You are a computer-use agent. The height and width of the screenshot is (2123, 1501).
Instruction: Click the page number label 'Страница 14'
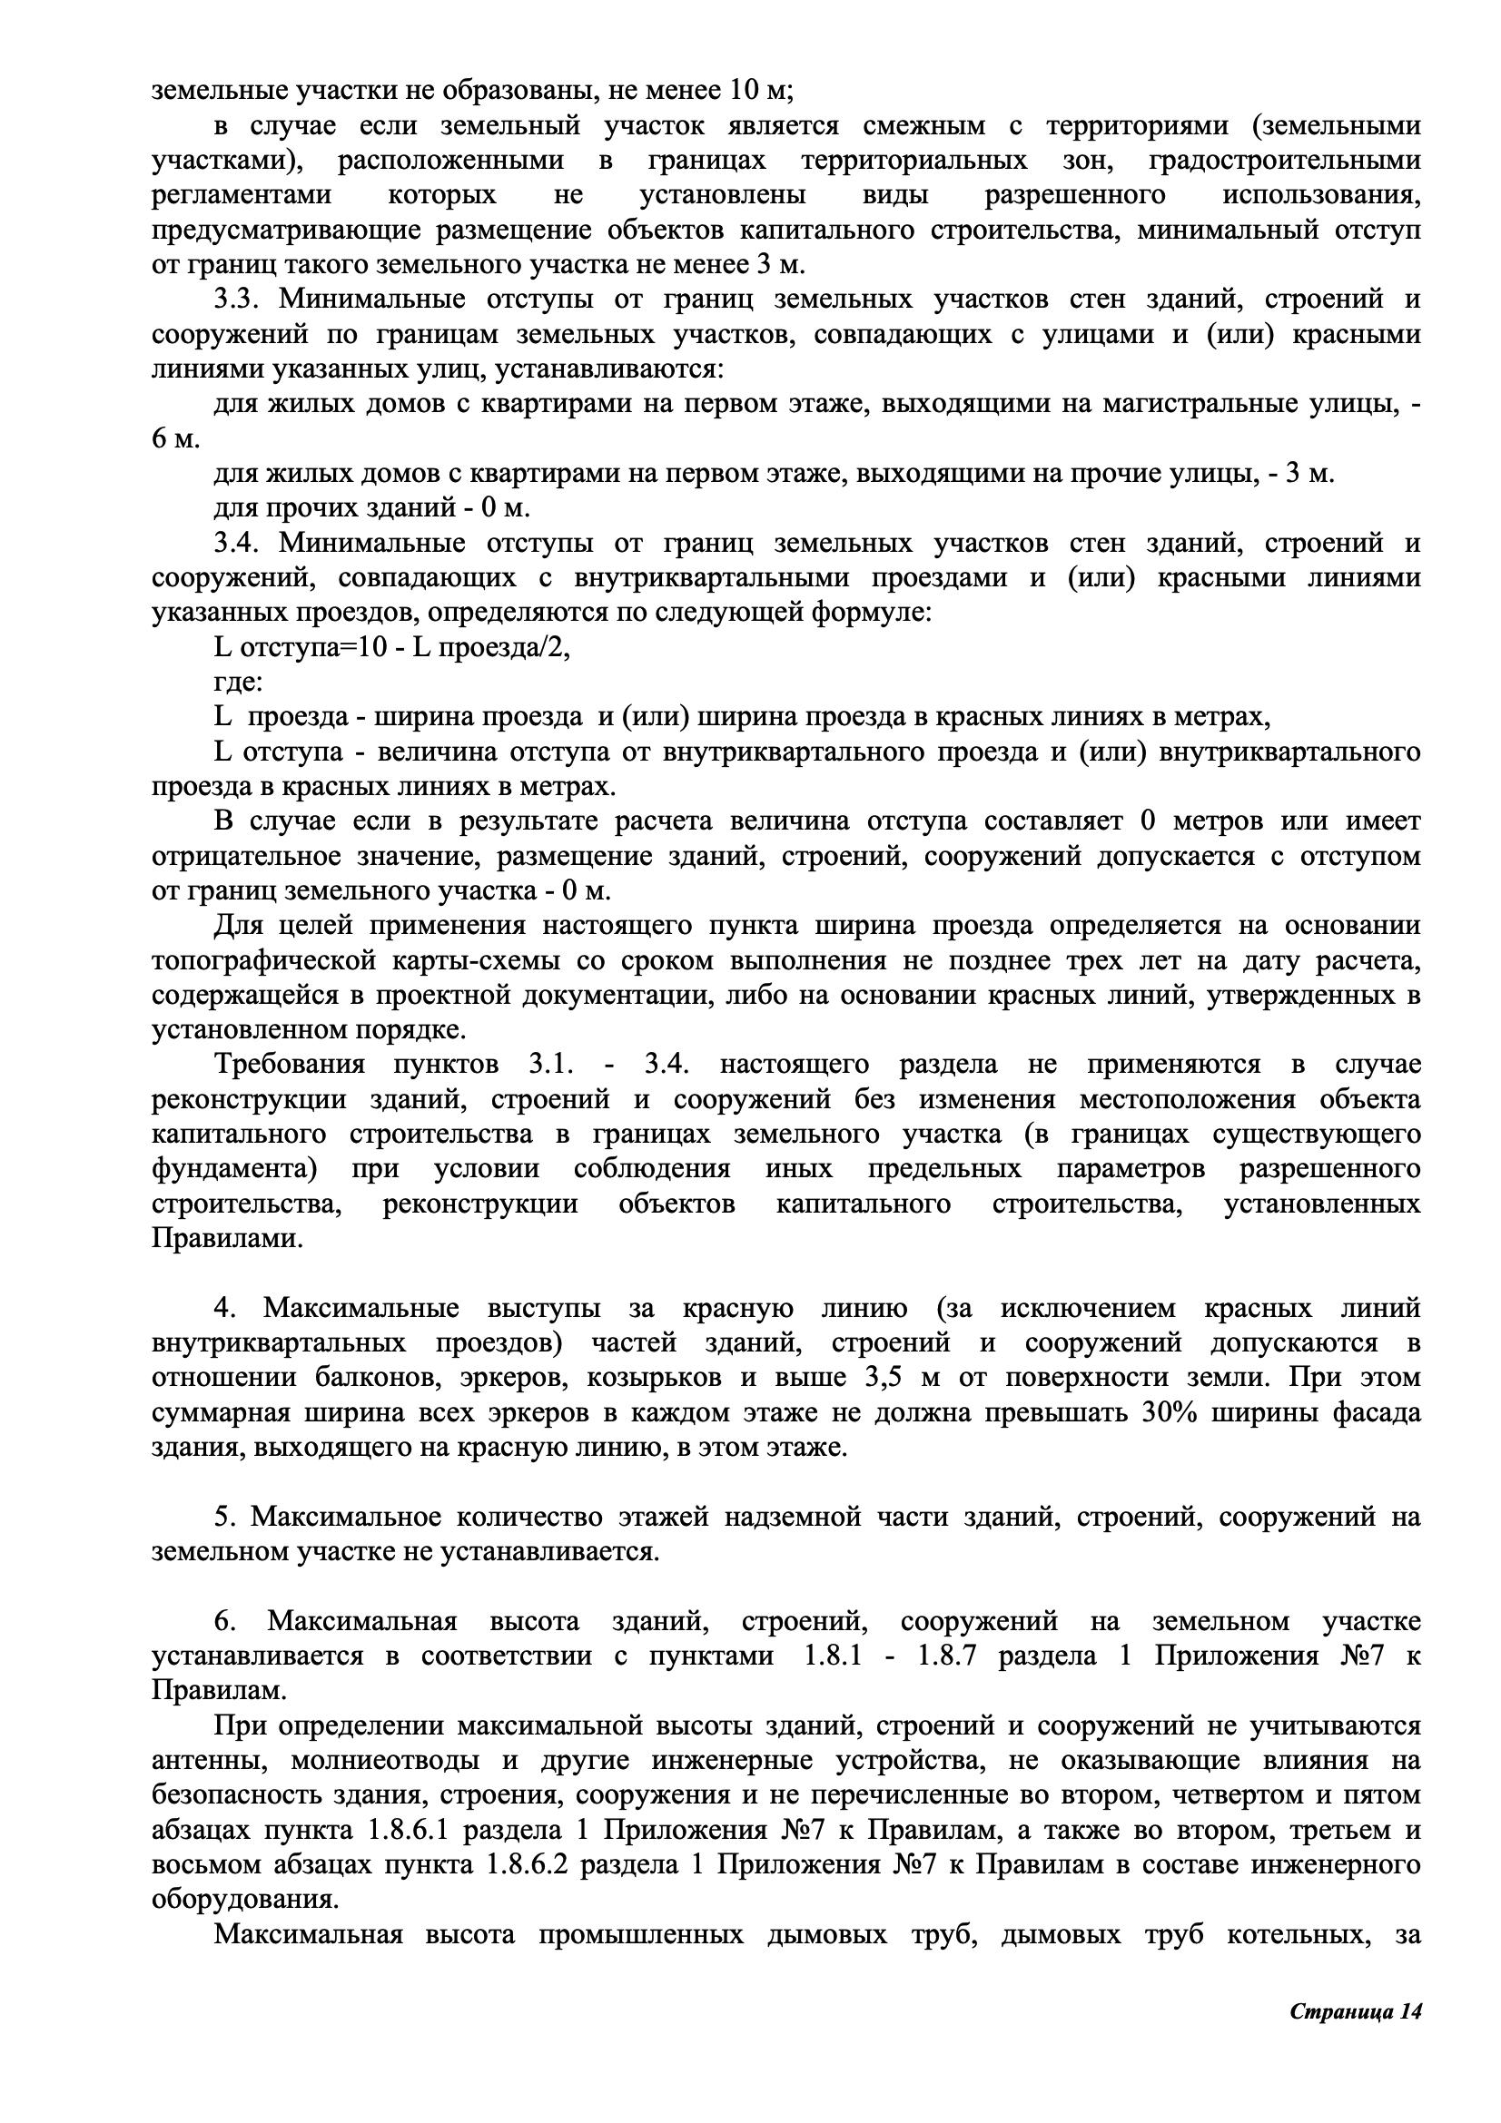coord(1355,2038)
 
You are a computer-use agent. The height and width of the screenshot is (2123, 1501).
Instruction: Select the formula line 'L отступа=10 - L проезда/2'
coord(392,648)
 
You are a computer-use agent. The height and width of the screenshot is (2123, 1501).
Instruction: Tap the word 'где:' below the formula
coord(239,683)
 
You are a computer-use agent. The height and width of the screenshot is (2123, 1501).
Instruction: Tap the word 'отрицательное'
coord(245,856)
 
